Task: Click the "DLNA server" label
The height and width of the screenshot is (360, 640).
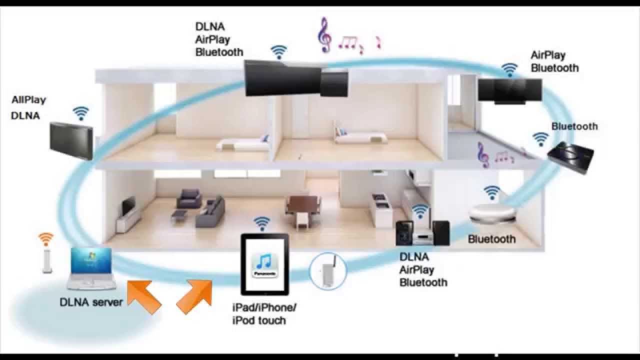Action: point(91,302)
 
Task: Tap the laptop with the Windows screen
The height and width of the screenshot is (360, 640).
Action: point(92,268)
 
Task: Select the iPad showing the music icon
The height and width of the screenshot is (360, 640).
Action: point(264,264)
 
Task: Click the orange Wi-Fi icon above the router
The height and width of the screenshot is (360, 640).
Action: point(46,238)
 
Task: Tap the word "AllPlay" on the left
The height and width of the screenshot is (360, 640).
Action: point(28,100)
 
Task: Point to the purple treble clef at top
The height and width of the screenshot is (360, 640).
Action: point(324,35)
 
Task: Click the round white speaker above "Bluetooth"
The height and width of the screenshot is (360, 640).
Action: point(492,213)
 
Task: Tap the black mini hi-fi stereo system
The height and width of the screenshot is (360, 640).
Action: point(422,232)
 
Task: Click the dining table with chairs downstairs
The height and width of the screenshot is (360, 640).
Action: point(302,204)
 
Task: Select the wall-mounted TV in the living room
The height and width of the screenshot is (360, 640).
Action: point(128,204)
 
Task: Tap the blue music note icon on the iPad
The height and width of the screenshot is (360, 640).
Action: point(264,261)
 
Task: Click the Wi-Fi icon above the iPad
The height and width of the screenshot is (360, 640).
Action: point(261,222)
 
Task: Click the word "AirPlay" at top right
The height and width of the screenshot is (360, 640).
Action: point(548,55)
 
